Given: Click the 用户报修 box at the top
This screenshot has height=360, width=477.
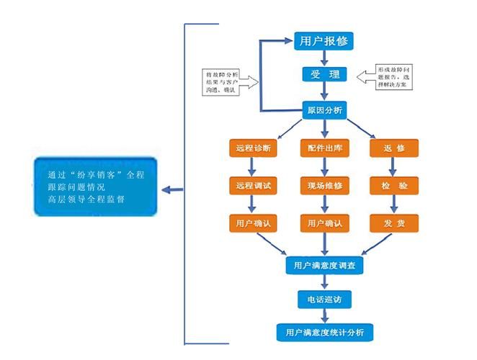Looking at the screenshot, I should pos(324,41).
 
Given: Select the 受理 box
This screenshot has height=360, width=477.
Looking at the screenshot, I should pos(324,75).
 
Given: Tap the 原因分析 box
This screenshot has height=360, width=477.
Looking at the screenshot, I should pos(324,110).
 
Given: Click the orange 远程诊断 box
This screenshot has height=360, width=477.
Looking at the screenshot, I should pos(252,149).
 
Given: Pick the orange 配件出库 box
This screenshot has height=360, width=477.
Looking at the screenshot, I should pos(324,149).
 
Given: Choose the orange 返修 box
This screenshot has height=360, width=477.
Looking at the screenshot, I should pos(393,149).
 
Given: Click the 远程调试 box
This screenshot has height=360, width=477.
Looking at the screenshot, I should pos(252,186).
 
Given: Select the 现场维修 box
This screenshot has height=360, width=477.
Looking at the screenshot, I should pos(324,186).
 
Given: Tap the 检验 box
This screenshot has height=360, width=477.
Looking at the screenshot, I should pos(393,186).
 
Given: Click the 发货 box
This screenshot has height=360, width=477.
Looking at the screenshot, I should pos(393,223).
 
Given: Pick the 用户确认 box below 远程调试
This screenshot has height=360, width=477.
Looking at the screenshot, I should pos(252,223).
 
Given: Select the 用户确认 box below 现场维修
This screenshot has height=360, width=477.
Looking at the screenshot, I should pos(324,223).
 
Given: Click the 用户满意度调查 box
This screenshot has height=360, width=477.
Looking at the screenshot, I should pos(324,265).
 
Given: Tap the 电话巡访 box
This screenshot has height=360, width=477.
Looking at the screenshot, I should pos(324,299).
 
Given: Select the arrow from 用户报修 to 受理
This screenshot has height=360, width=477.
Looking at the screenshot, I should pos(324,58).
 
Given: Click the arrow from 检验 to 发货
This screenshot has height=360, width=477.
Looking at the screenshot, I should pos(393,204).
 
